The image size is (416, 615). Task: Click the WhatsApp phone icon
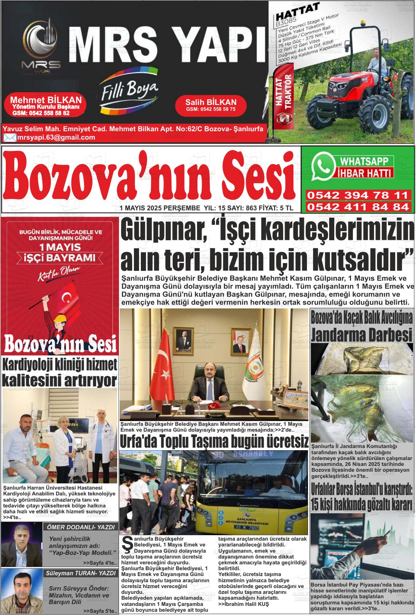pyautogui.click(x=323, y=166)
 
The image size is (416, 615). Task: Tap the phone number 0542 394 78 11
pyautogui.click(x=357, y=195)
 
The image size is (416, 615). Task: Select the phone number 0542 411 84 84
pyautogui.click(x=357, y=207)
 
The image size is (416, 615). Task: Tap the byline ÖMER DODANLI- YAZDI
pyautogui.click(x=81, y=527)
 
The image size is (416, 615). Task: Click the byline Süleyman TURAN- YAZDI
pyautogui.click(x=80, y=573)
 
